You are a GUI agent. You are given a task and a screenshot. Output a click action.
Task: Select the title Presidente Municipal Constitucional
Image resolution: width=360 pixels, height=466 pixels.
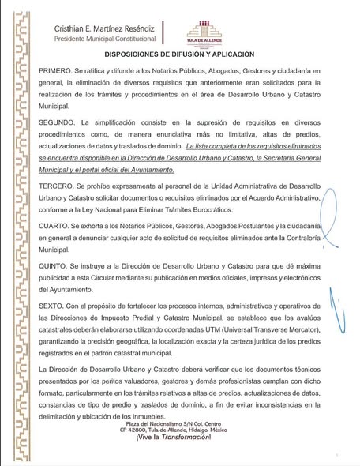tap(104, 38)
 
